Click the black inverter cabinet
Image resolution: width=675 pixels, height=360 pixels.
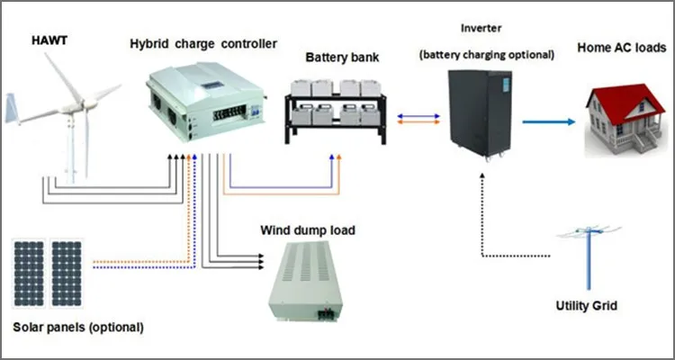click(x=481, y=113)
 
